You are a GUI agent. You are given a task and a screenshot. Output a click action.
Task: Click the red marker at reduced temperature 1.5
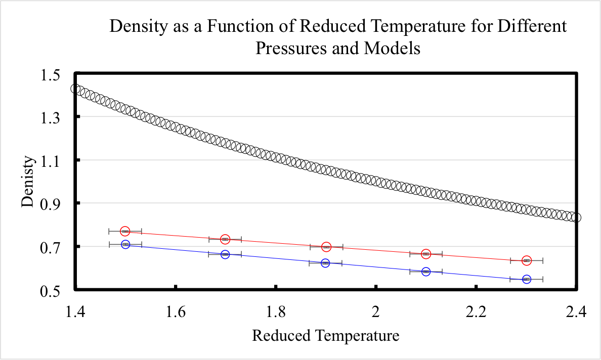[125, 231]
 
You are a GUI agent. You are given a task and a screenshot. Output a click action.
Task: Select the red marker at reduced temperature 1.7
[225, 239]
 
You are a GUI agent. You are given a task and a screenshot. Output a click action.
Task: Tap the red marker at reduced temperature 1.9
[326, 247]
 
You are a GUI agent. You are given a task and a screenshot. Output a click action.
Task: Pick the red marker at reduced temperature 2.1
[426, 253]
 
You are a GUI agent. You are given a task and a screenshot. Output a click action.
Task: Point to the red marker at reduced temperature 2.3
[527, 260]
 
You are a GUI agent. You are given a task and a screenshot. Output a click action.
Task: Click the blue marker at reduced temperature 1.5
[125, 244]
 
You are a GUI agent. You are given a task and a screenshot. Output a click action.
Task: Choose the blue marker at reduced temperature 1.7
[225, 254]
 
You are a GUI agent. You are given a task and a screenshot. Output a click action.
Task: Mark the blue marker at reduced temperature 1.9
[325, 263]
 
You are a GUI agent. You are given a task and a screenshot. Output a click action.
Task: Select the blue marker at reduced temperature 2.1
[426, 272]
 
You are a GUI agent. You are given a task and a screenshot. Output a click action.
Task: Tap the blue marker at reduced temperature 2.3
[527, 279]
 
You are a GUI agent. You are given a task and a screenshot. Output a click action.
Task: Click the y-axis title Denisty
[29, 183]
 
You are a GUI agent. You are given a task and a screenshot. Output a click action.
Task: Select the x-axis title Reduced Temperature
[325, 335]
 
